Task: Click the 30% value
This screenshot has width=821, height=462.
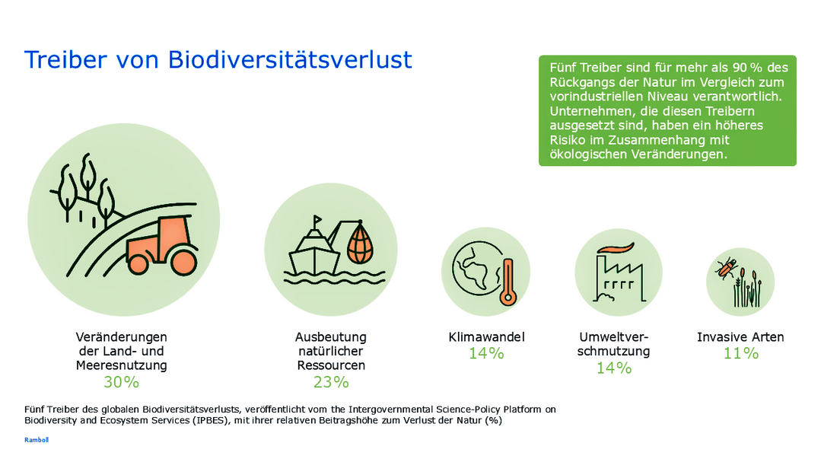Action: (121, 381)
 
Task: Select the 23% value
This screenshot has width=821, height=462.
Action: (331, 381)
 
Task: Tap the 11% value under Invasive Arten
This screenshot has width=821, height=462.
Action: (740, 353)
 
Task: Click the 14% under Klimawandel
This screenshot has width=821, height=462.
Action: (486, 353)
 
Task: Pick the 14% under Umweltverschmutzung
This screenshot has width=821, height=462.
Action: (614, 368)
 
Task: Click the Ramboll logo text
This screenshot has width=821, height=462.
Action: (37, 440)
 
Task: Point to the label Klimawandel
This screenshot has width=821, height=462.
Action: (487, 336)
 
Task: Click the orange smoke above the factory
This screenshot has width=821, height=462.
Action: (616, 248)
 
